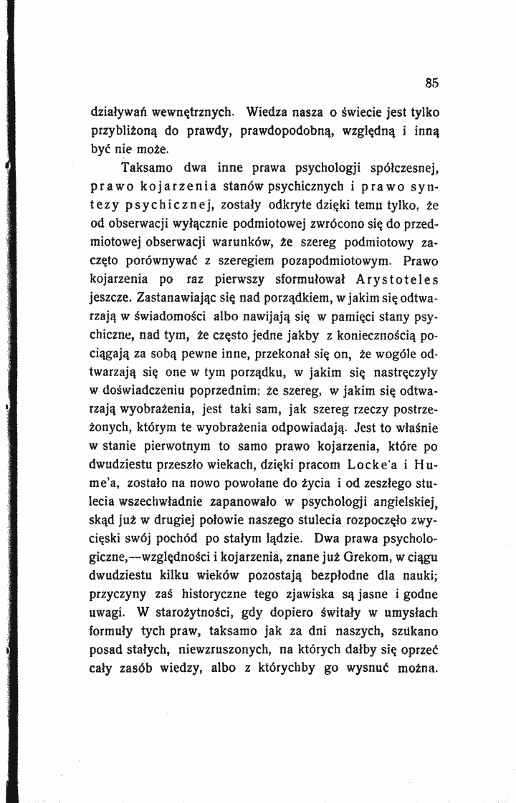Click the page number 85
pos(431,82)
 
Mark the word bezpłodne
pos(343,579)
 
